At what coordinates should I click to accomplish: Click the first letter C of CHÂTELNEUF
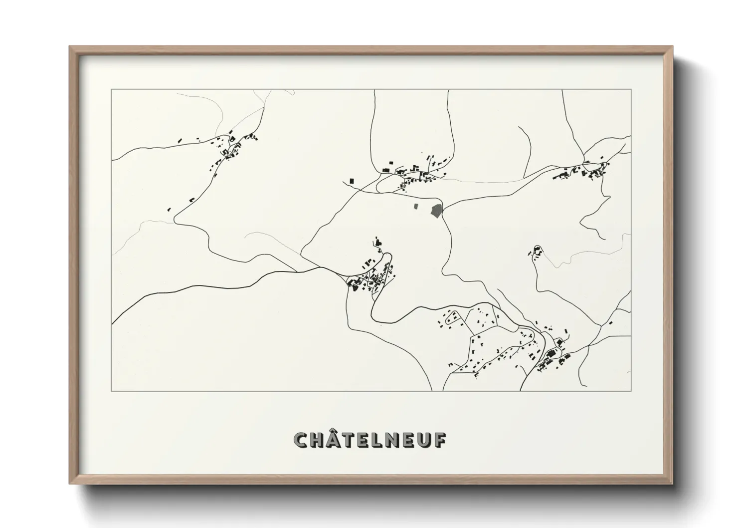pyautogui.click(x=301, y=440)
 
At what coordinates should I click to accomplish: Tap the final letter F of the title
pyautogui.click(x=440, y=440)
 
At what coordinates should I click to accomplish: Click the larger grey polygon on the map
pyautogui.click(x=436, y=211)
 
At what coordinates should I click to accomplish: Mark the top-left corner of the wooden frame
pyautogui.click(x=70, y=47)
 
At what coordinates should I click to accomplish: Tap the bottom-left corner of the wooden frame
pyautogui.click(x=70, y=484)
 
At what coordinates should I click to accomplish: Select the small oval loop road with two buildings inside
pyautogui.click(x=452, y=317)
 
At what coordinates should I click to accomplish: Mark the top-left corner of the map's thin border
pyautogui.click(x=111, y=89)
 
